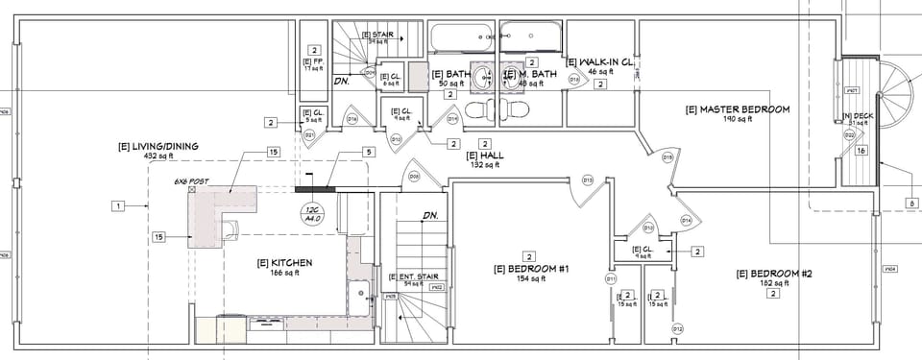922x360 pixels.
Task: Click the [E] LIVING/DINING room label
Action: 158,146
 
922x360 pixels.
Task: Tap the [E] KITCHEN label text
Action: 284,262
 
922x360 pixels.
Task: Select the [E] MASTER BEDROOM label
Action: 737,109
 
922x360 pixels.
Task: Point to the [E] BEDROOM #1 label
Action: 532,269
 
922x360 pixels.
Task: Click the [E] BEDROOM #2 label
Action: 774,274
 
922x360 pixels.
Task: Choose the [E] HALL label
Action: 485,156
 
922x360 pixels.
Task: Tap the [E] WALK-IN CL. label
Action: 600,62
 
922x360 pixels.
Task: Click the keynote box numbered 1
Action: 117,205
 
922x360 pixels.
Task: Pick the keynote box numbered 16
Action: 861,151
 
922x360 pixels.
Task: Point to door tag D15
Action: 667,156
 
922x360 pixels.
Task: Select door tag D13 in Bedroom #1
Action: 587,180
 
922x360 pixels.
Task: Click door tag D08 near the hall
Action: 415,177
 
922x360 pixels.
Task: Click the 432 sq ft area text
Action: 158,156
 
